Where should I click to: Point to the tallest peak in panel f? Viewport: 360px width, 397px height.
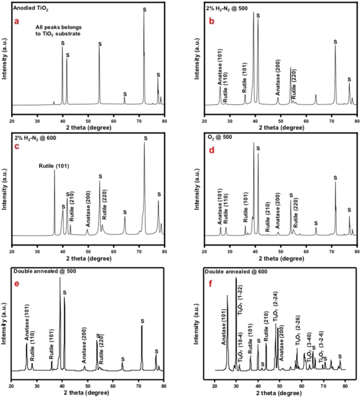[x=236, y=278]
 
